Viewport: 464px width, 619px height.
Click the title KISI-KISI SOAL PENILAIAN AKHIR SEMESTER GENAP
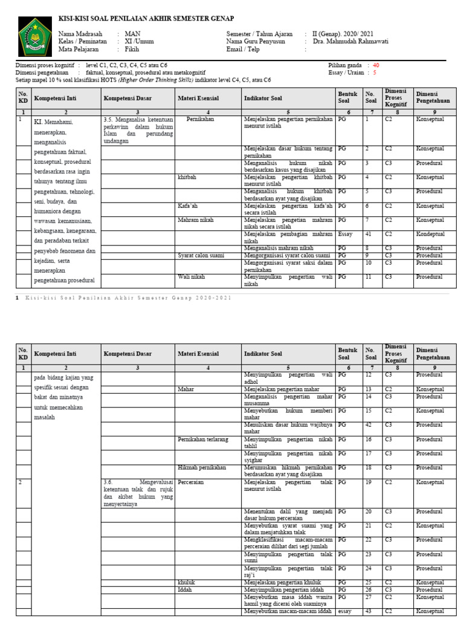click(x=146, y=19)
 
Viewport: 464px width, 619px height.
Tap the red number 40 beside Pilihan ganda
click(x=376, y=65)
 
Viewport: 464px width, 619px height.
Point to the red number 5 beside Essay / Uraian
click(x=375, y=73)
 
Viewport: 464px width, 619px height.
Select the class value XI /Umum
click(x=138, y=42)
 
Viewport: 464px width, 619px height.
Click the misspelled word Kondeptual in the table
click(x=430, y=234)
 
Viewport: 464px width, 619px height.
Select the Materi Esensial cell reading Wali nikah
click(x=191, y=277)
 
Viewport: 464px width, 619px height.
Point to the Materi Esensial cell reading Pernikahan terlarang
click(x=203, y=439)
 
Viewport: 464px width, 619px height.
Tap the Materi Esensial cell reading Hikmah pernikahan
click(x=202, y=467)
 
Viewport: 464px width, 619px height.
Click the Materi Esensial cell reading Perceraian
click(x=192, y=482)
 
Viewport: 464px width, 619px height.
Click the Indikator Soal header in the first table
click(x=262, y=98)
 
